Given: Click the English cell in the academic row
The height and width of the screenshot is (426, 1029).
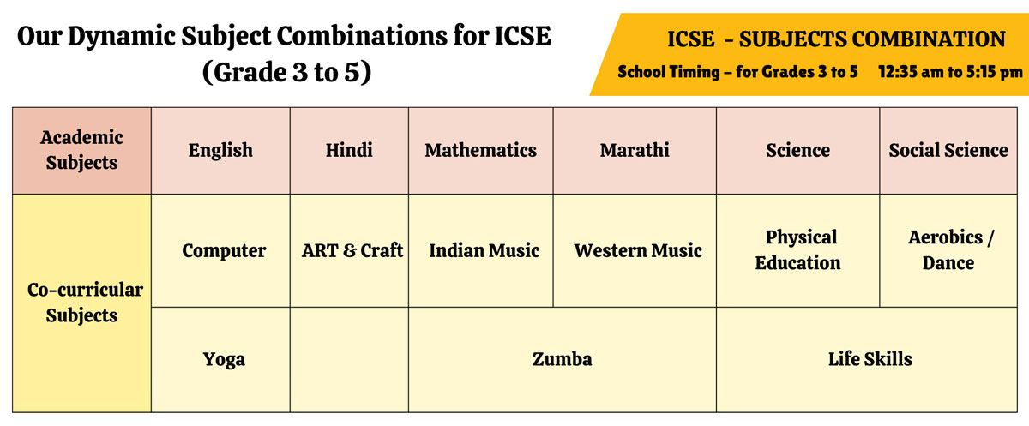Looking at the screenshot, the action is click(220, 151).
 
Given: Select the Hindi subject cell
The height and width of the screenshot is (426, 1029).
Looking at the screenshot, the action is click(349, 151).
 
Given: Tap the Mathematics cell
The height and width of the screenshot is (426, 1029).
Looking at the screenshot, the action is click(480, 151).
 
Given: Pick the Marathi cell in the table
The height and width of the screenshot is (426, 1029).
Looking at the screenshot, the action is click(635, 151).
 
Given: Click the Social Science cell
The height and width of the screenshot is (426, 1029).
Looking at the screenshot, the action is click(948, 151).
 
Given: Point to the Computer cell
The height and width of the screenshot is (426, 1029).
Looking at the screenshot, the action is click(220, 250).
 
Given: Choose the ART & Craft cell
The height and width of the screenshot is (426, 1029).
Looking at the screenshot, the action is click(349, 250).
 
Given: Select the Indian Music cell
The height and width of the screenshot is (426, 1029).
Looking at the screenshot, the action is click(480, 250).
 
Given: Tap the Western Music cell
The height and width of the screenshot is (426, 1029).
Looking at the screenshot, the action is click(635, 250).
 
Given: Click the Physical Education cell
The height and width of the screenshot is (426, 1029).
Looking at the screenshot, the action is click(798, 250).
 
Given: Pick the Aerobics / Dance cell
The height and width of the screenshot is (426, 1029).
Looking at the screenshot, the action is click(948, 250).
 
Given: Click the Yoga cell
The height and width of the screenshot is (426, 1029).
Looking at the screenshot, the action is click(220, 359).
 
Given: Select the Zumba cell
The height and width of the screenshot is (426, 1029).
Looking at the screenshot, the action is click(563, 359).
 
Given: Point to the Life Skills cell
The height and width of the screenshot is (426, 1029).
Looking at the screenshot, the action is click(867, 359).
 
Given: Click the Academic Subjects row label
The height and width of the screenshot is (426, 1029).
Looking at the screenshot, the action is click(81, 151).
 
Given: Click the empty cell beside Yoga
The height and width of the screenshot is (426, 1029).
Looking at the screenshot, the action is click(349, 359).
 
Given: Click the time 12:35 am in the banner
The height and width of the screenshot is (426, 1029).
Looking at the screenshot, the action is click(911, 72).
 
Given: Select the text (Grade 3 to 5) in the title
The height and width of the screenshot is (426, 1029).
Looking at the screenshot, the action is click(286, 73).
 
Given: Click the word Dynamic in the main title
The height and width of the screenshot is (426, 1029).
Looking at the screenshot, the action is click(121, 37).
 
